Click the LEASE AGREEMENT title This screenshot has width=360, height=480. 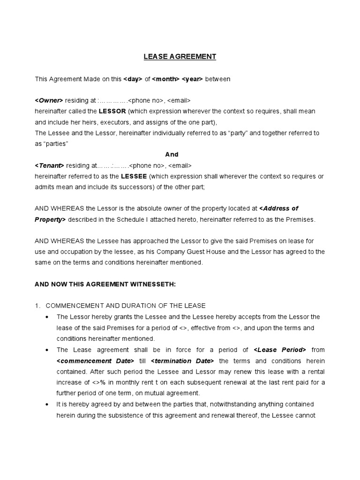pos(180,57)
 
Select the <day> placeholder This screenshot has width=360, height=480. pos(133,79)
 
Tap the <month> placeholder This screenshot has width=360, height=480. pos(165,79)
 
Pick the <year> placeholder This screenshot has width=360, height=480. pos(192,79)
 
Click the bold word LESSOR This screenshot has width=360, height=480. pos(112,112)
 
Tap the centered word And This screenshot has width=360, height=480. pos(172,154)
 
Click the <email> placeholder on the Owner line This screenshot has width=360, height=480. pos(179,101)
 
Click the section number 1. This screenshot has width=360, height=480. pos(37,306)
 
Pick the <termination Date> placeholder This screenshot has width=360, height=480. pos(182,360)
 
